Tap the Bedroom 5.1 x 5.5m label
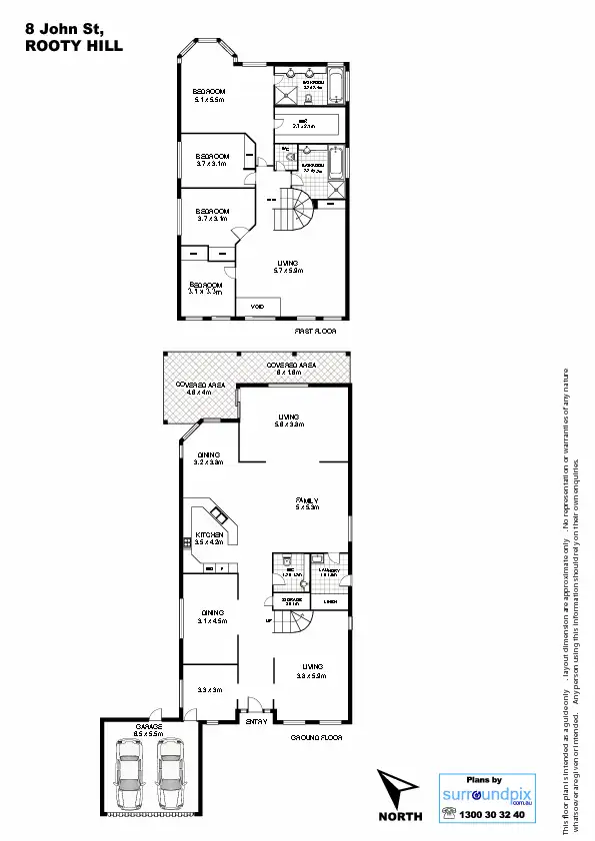(209, 96)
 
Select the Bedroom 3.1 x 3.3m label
(206, 288)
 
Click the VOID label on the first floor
(242, 306)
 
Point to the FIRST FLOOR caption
(314, 330)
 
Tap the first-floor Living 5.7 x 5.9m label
(288, 266)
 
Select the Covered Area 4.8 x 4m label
(199, 389)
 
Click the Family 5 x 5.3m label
(306, 502)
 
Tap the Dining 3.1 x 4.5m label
(212, 616)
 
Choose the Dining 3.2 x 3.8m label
(207, 458)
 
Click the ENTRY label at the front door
(256, 722)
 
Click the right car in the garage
(171, 773)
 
